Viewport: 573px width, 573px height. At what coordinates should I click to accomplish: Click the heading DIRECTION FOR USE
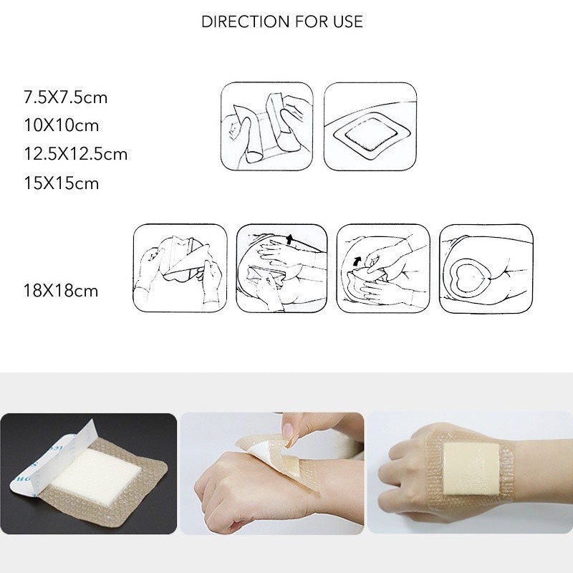point(281,21)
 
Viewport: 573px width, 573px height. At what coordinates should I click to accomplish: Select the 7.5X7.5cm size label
point(66,97)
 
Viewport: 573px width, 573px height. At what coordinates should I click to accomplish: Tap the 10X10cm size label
point(62,125)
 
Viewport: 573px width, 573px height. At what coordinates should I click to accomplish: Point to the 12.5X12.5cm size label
point(76,154)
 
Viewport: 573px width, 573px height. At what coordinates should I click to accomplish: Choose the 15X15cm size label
point(62,183)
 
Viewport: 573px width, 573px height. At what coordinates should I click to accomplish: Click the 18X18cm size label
point(61,291)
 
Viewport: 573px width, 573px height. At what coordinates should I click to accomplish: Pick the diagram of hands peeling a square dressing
point(267,126)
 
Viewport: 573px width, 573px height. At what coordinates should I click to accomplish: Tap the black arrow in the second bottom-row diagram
point(289,240)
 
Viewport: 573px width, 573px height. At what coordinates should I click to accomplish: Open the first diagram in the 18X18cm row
point(180,268)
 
